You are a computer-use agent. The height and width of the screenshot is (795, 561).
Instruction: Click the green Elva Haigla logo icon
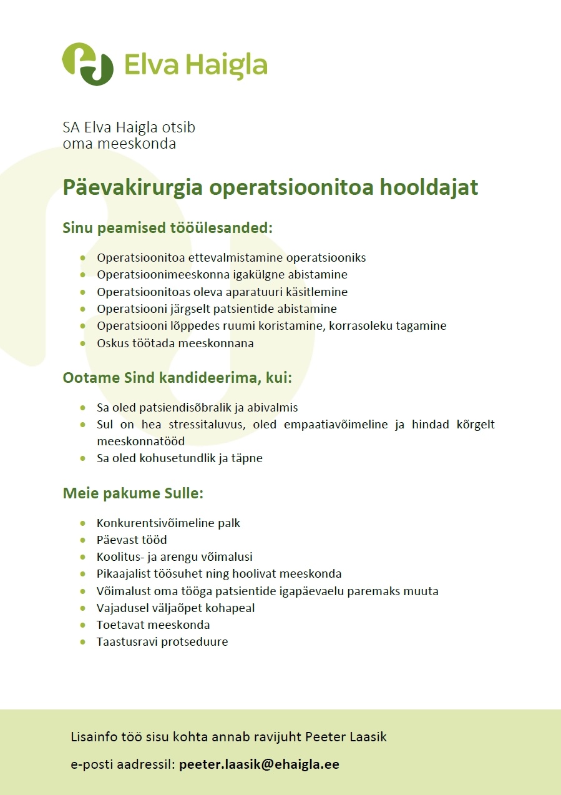tap(88, 64)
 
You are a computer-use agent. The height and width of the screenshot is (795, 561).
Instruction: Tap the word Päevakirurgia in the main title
tap(133, 187)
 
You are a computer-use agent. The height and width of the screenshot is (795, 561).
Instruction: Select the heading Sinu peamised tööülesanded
tap(167, 228)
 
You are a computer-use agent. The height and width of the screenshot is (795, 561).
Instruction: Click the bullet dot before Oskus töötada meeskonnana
tap(82, 343)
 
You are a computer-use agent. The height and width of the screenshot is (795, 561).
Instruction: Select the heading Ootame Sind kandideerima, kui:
tap(177, 378)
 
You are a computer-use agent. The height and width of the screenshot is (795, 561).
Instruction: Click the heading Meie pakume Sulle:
tap(133, 494)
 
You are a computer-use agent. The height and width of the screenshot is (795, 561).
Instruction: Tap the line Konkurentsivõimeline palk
tap(168, 523)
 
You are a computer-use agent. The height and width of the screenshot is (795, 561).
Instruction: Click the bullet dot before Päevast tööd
tap(82, 540)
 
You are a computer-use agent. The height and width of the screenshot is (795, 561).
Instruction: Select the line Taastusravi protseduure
tap(162, 642)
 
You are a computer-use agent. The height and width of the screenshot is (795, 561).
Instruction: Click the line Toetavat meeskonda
tap(153, 625)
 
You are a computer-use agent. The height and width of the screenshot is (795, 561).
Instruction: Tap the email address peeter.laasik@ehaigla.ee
tap(259, 764)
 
